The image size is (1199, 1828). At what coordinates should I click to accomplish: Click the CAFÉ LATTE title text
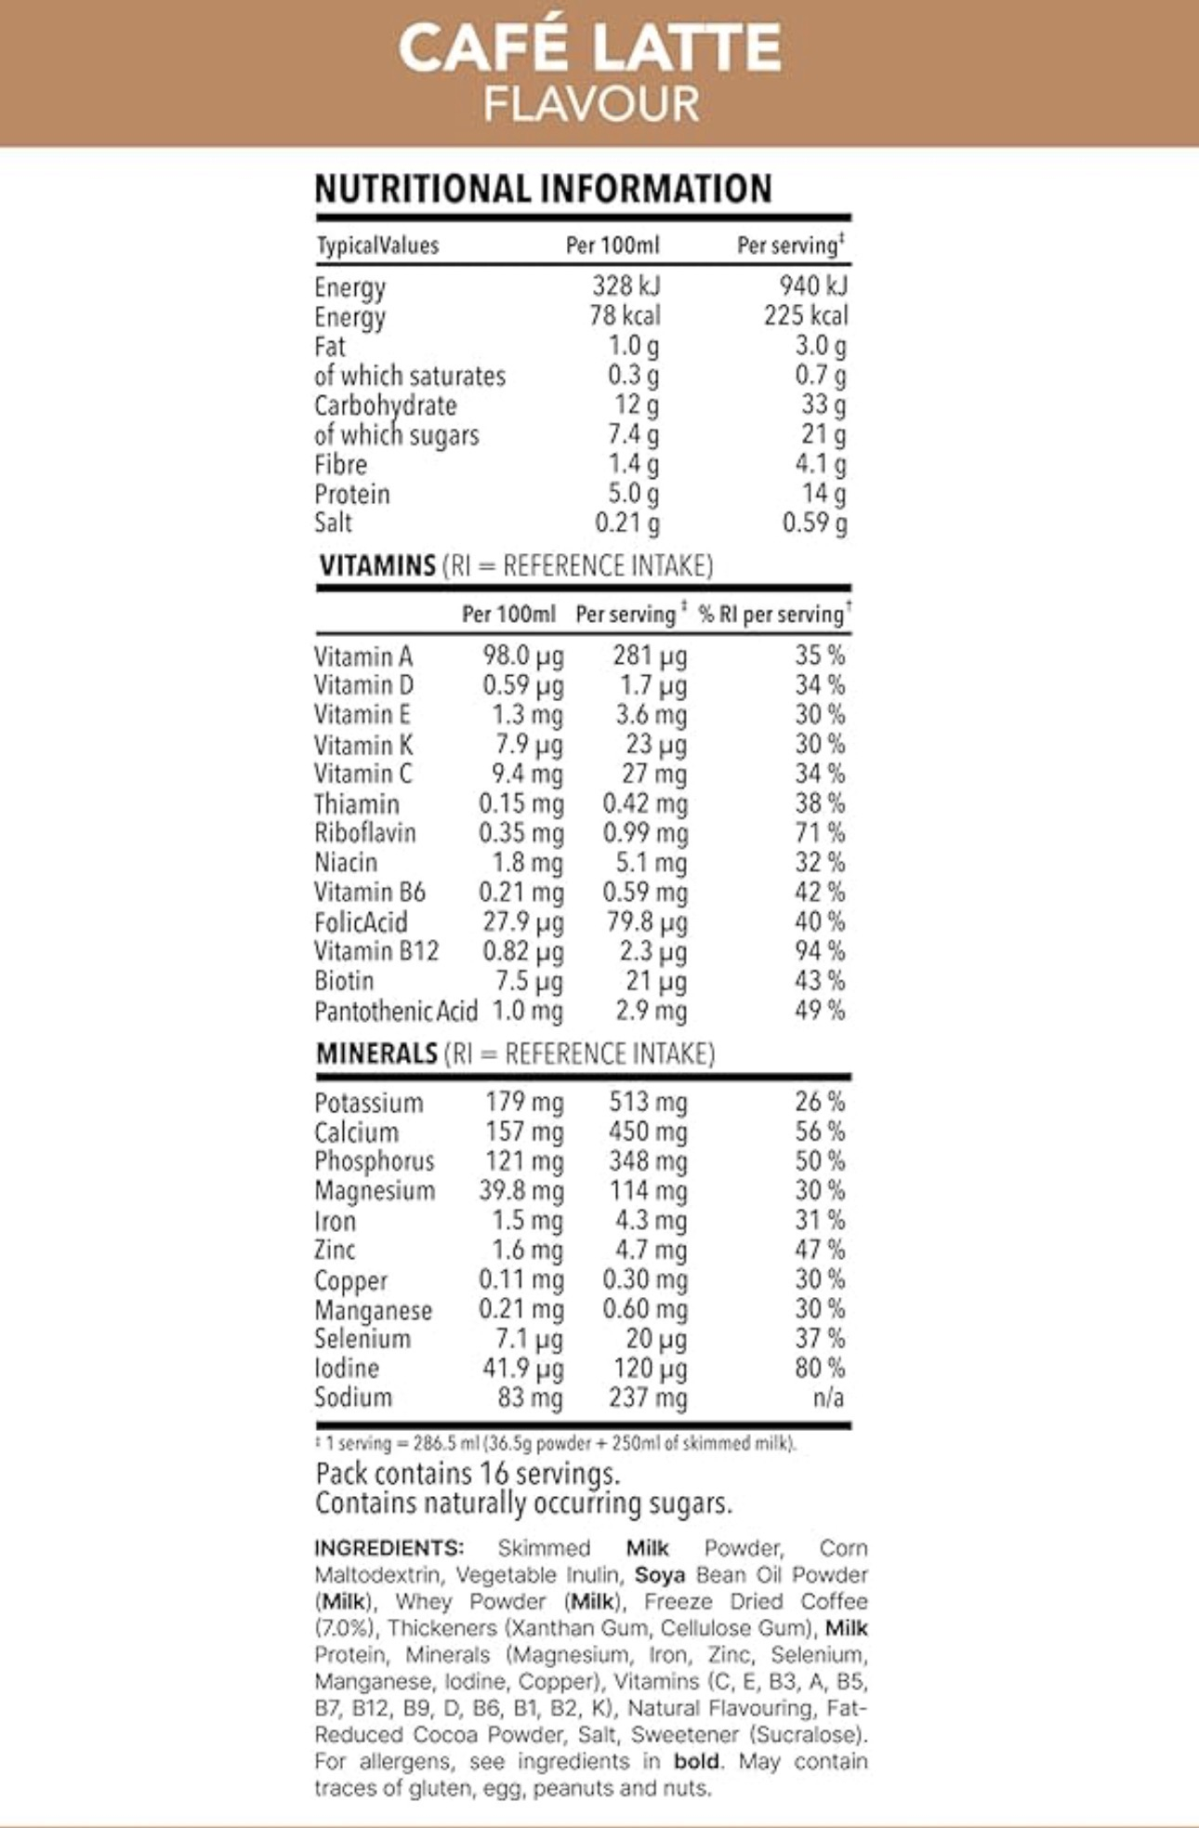click(x=590, y=48)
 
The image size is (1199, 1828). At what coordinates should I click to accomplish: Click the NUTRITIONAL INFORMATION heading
click(x=543, y=189)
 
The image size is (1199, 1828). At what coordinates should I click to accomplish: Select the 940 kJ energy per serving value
click(x=813, y=285)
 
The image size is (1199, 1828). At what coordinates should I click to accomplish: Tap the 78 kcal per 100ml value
click(x=625, y=315)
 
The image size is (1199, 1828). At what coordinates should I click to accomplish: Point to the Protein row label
click(x=351, y=494)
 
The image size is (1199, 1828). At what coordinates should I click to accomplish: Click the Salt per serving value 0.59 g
click(x=814, y=523)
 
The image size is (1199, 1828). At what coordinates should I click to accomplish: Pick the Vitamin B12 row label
click(x=376, y=951)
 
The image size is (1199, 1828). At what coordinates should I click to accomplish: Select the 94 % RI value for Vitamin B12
click(x=819, y=951)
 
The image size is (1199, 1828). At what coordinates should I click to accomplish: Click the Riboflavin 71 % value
click(x=819, y=832)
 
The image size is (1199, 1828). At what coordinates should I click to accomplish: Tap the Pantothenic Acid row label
click(x=395, y=1011)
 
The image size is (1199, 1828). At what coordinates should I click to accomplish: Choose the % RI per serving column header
click(x=773, y=615)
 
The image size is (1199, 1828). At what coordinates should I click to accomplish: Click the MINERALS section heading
click(x=376, y=1053)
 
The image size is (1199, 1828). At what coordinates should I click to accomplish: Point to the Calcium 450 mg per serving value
click(x=648, y=1132)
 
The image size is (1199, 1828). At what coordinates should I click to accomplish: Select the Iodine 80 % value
click(x=819, y=1368)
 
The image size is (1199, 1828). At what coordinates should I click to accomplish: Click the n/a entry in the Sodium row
click(x=827, y=1397)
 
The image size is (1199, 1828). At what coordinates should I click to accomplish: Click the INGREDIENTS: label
click(x=389, y=1548)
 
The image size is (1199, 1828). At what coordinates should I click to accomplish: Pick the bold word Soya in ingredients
click(x=660, y=1575)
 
